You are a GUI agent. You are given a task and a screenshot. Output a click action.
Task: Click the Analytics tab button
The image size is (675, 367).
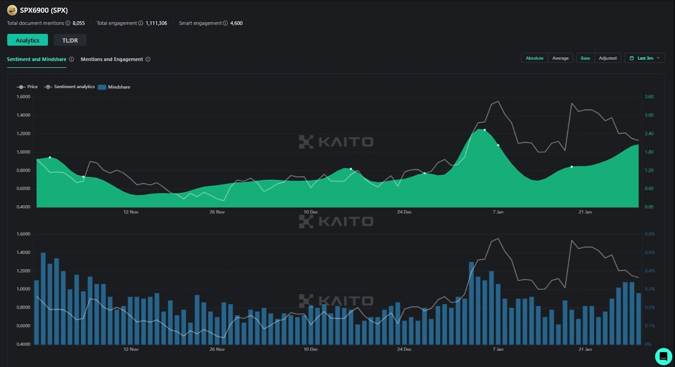[28, 40]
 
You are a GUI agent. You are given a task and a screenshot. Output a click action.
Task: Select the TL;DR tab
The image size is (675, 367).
[70, 40]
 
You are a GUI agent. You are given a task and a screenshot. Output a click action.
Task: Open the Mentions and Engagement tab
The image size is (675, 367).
[112, 59]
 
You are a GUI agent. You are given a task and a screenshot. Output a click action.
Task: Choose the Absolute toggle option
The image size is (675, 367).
[534, 58]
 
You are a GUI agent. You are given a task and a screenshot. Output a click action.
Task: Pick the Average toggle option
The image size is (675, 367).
[560, 58]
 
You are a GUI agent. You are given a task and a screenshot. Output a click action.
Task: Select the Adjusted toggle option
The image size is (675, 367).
[608, 58]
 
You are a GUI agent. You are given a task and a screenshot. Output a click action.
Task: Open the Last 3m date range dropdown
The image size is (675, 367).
[645, 58]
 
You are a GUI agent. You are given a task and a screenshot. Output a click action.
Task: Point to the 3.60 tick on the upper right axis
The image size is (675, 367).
[649, 97]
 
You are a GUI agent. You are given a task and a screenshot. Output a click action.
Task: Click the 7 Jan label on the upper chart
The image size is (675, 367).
[498, 212]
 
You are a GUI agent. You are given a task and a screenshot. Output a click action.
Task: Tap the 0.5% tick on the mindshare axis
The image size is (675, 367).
[650, 253]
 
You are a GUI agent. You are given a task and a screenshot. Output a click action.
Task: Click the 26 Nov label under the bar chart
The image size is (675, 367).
[217, 349]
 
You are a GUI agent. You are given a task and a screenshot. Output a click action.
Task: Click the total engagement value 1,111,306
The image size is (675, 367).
[156, 23]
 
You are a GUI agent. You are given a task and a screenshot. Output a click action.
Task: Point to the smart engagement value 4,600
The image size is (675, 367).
[236, 23]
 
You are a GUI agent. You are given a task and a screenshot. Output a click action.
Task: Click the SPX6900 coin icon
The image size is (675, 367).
[12, 10]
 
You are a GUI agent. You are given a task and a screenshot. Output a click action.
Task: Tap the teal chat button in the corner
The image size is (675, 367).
[663, 356]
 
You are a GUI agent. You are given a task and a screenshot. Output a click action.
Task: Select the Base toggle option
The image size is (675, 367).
[585, 58]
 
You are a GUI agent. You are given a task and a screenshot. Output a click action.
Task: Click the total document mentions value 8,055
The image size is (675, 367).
[79, 23]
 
